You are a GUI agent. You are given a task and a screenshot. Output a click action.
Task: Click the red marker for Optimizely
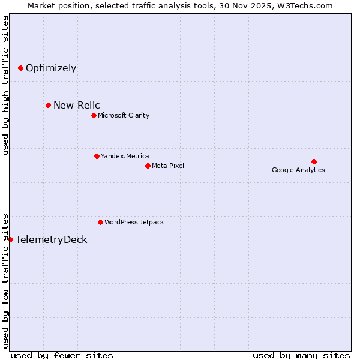point(20,68)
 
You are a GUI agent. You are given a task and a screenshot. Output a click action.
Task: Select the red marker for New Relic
point(48,106)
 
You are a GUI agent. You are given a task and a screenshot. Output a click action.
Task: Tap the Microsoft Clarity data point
point(94,116)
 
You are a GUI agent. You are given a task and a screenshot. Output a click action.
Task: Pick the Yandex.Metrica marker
point(97,157)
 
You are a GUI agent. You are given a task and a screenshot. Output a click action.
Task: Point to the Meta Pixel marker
point(148,166)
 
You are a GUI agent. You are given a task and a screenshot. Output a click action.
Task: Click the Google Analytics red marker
point(314,161)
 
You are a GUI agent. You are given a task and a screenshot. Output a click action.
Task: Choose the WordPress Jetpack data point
point(100,223)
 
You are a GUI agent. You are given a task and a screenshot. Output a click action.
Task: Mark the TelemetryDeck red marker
point(10,240)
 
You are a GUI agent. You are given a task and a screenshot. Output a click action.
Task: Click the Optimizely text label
point(51,68)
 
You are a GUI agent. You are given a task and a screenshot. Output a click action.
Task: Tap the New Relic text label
point(77,106)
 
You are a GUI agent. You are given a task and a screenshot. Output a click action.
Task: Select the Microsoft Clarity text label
point(124,116)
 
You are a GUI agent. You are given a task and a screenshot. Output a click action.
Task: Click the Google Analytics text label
point(298,170)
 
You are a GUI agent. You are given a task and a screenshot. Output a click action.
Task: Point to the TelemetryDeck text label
point(52,240)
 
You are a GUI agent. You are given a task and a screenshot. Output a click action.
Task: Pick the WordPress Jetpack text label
point(134,223)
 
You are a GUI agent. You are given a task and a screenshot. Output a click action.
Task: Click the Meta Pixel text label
point(168,166)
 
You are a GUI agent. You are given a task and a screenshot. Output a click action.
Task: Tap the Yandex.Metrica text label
point(125,157)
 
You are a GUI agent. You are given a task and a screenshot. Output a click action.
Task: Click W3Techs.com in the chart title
point(310,6)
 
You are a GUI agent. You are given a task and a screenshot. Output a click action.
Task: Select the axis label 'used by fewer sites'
point(62,356)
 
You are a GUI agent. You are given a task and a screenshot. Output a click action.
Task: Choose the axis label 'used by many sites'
point(301,356)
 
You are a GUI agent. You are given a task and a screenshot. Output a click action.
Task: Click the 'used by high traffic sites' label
point(5,86)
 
